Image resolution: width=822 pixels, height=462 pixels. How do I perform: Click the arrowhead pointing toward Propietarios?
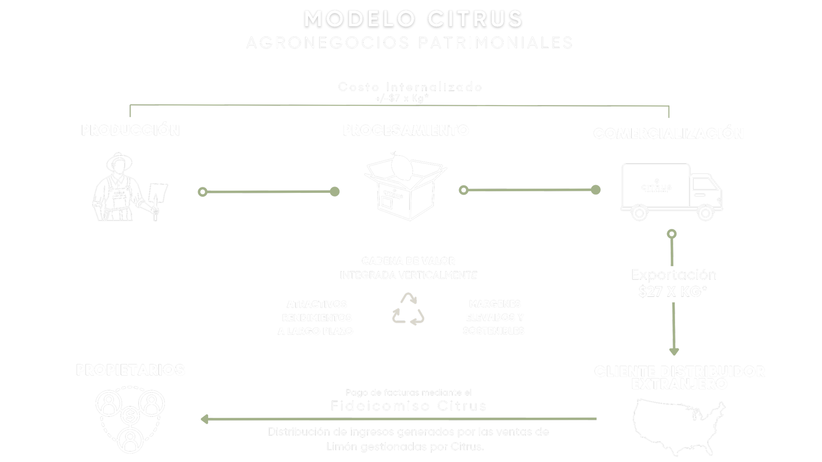click(x=205, y=419)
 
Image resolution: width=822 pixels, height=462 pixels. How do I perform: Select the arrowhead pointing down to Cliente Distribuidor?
click(x=674, y=352)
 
